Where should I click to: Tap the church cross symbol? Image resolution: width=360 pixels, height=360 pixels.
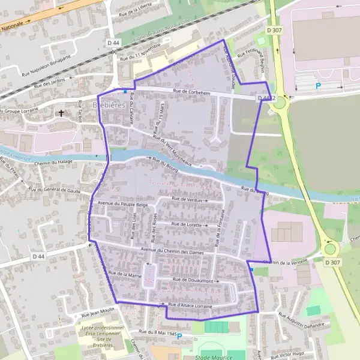pos(61,112)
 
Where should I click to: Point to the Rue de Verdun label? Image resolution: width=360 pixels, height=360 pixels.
pos(187,199)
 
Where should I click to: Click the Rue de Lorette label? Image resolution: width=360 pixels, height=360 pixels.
pos(188,224)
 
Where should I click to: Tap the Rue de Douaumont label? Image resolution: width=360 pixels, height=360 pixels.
pos(193,280)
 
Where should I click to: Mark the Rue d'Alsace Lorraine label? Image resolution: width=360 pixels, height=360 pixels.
pos(191,305)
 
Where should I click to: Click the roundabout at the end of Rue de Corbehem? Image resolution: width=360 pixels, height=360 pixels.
pos(279,102)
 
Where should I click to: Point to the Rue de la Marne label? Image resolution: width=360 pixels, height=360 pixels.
pos(124,274)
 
